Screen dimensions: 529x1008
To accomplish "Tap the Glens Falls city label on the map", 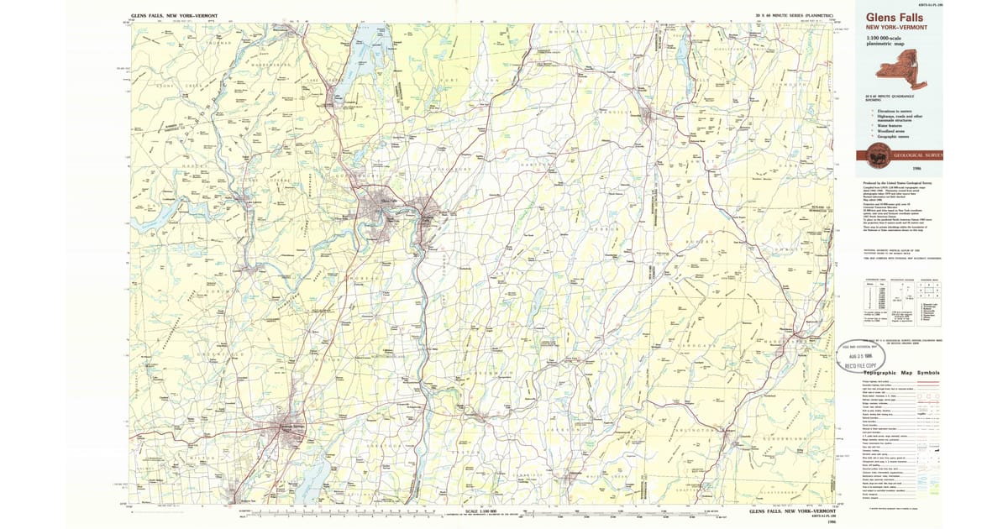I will [387, 200].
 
